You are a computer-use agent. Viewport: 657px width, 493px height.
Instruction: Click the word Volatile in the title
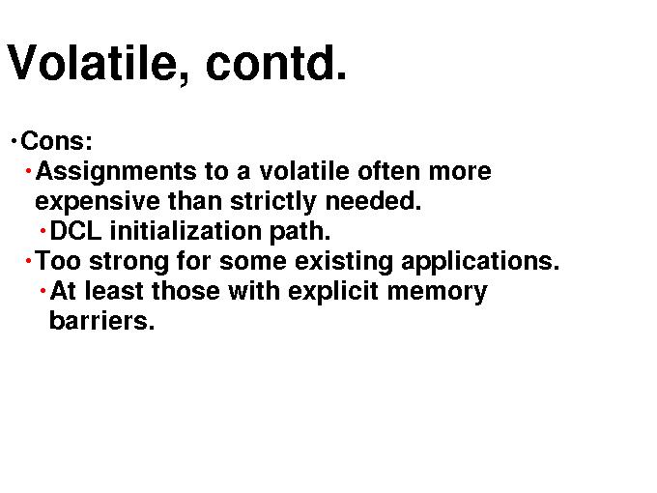click(x=96, y=64)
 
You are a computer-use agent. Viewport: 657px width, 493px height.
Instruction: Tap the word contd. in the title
click(x=276, y=62)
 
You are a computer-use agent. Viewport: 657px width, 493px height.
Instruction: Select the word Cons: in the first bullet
click(x=56, y=141)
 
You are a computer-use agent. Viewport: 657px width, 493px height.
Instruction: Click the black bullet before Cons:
click(x=14, y=141)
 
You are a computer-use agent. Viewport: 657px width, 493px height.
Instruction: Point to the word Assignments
click(x=116, y=173)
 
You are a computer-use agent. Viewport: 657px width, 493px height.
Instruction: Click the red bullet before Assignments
click(x=28, y=171)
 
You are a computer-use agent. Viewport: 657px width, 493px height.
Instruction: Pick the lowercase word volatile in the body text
click(x=304, y=171)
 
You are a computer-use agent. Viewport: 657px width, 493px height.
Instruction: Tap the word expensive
click(x=98, y=202)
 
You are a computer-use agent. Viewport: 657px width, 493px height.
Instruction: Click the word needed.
click(x=373, y=201)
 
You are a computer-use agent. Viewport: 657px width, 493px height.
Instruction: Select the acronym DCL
click(x=75, y=231)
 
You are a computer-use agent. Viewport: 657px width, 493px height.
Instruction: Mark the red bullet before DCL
click(x=43, y=231)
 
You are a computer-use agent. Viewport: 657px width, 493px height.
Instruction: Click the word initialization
click(x=186, y=231)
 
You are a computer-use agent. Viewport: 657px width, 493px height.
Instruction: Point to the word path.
click(x=300, y=232)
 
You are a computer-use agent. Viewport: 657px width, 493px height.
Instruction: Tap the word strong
click(x=129, y=262)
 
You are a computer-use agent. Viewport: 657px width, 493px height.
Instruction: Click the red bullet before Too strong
click(x=28, y=261)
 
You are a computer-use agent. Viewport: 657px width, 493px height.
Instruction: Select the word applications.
click(x=480, y=262)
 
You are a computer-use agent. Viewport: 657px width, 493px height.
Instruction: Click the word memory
click(x=438, y=293)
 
